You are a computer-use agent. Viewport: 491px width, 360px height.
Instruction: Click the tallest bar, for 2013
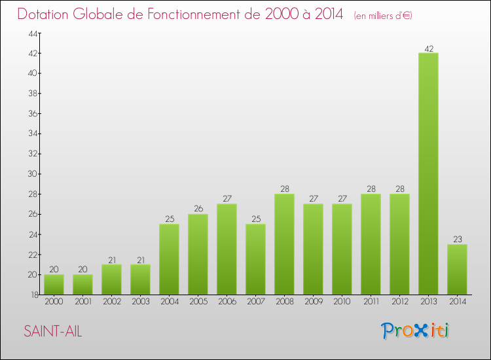click(x=428, y=173)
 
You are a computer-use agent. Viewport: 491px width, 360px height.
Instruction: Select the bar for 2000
click(x=54, y=284)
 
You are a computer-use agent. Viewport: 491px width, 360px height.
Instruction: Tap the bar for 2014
click(x=457, y=269)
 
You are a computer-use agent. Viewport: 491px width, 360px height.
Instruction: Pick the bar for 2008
click(x=284, y=244)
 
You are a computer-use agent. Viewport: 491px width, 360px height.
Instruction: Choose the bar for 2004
click(x=169, y=259)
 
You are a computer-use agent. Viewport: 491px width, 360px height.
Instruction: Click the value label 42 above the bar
click(x=428, y=48)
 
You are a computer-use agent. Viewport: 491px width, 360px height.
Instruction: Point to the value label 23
click(x=457, y=240)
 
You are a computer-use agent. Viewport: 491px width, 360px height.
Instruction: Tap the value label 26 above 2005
click(x=198, y=209)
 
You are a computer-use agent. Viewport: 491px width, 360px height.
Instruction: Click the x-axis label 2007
click(x=255, y=302)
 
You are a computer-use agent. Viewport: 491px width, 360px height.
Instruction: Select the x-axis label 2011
click(x=371, y=302)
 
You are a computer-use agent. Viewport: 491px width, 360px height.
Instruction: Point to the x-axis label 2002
click(x=111, y=302)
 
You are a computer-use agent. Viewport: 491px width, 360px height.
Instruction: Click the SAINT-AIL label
click(x=53, y=331)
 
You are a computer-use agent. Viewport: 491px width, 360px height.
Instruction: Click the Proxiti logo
click(x=416, y=331)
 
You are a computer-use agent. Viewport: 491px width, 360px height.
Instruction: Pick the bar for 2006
click(x=227, y=249)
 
